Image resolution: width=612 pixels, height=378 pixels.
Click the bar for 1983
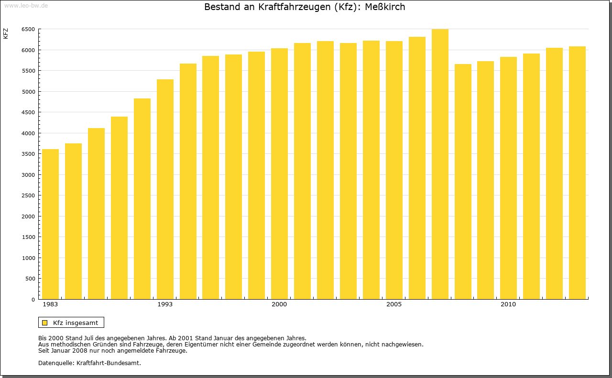[x=50, y=224]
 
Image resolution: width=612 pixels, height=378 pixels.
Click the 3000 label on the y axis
[x=28, y=175]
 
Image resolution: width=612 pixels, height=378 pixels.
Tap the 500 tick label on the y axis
[x=30, y=279]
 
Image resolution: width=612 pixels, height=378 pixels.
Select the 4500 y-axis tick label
[x=28, y=112]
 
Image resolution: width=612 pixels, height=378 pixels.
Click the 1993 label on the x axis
[x=165, y=304]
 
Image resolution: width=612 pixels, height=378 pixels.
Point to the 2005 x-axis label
[x=394, y=304]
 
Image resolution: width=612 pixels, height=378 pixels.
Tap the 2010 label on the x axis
[x=508, y=304]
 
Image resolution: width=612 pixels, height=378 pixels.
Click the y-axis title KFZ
[x=6, y=33]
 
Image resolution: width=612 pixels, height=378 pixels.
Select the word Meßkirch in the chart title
[x=385, y=7]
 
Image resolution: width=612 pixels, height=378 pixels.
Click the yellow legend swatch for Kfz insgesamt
[x=45, y=323]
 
